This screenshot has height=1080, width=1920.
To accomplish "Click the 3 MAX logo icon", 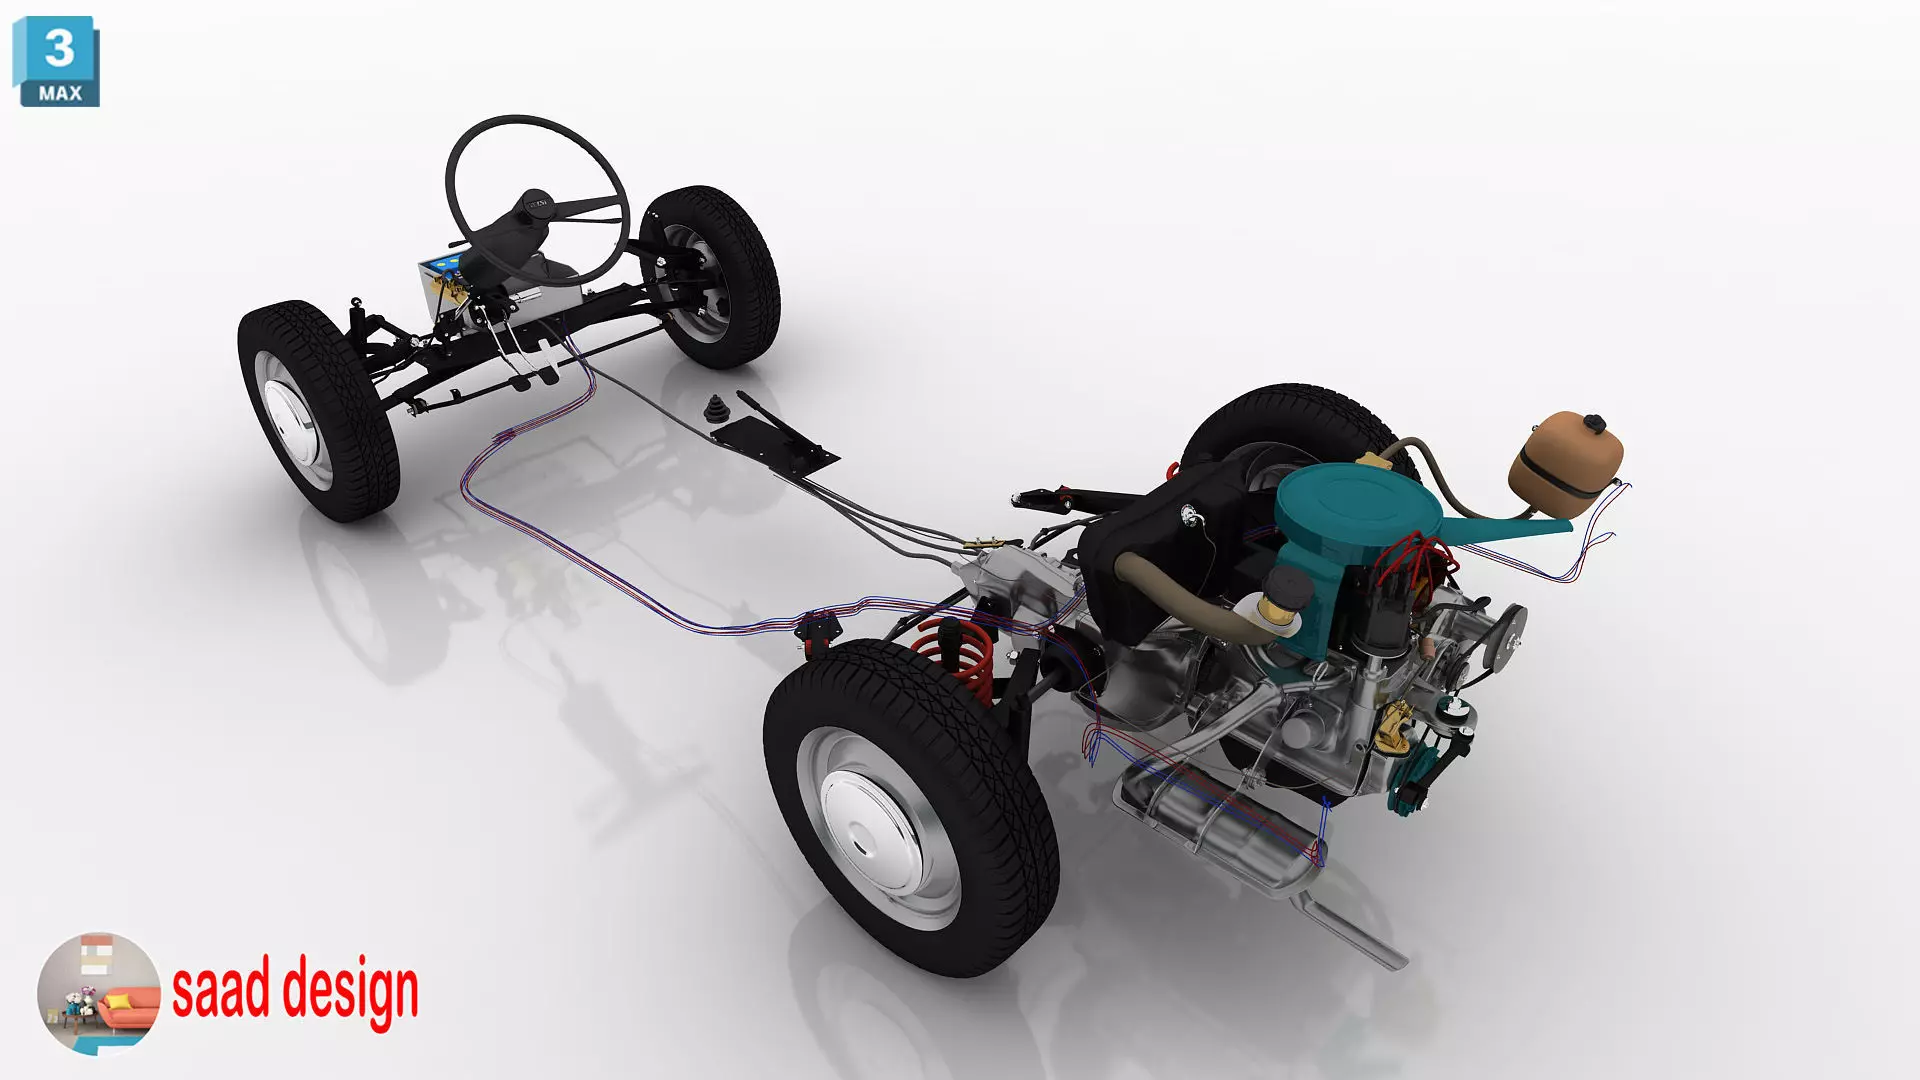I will (57, 62).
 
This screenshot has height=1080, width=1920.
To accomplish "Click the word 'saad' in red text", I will (221, 989).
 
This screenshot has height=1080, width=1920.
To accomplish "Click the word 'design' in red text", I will (350, 991).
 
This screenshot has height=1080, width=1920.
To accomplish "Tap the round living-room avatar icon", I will (98, 993).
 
